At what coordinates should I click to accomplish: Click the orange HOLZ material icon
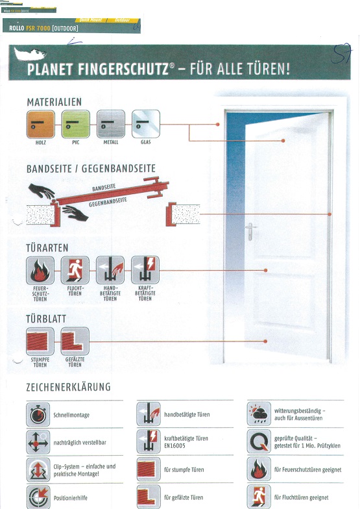click(40, 123)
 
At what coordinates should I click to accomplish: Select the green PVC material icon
click(75, 123)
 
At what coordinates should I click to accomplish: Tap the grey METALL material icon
click(110, 123)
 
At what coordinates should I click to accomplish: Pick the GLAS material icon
click(145, 123)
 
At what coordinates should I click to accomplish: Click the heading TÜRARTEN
click(47, 247)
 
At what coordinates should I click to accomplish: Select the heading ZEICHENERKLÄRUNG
click(68, 387)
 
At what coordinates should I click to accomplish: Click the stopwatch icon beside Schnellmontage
click(38, 414)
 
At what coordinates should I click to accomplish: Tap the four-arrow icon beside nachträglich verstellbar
click(38, 442)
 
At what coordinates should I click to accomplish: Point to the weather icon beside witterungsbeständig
click(259, 414)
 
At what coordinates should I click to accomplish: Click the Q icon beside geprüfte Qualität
click(259, 442)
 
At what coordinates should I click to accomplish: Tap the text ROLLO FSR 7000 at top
click(43, 28)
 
